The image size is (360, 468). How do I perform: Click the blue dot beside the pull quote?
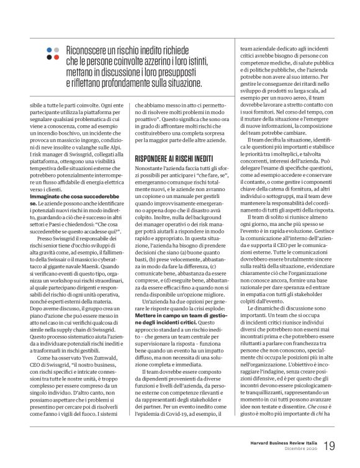(x=48, y=48)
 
